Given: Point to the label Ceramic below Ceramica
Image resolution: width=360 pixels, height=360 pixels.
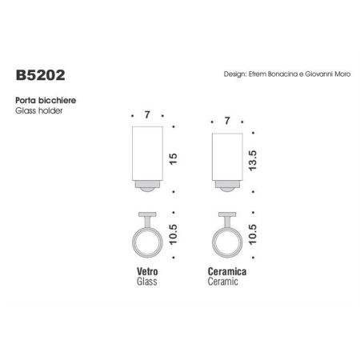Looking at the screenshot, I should [224, 283].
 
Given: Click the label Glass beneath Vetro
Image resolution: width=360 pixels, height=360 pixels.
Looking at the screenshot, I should [146, 283].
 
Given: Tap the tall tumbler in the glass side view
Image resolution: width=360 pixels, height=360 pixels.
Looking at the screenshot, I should [148, 157].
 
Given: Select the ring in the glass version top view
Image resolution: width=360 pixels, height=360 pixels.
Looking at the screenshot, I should [148, 243].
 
